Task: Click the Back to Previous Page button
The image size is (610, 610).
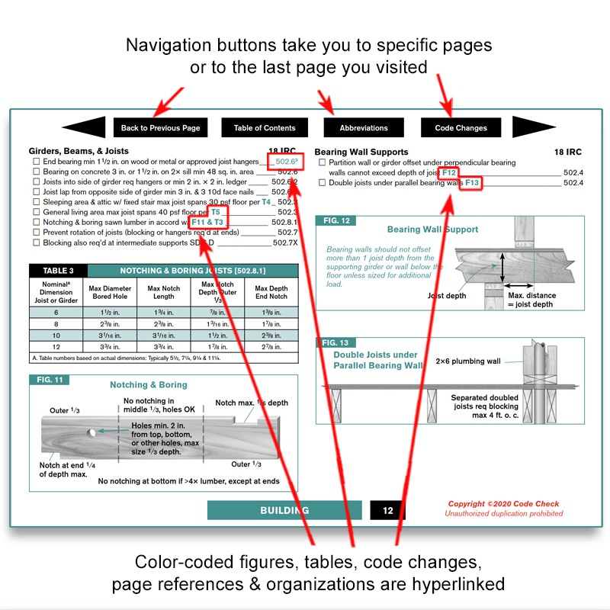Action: (160, 128)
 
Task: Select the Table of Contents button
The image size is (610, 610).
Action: (265, 128)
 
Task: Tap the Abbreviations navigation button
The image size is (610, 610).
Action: (364, 128)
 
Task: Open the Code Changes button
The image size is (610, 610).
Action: (461, 128)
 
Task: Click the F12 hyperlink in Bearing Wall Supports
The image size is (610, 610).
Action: (449, 173)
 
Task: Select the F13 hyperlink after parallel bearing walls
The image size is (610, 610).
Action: (472, 183)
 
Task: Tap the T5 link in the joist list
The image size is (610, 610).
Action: (216, 212)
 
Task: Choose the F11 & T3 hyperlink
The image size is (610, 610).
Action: (207, 222)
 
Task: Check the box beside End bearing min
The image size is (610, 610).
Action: (36, 162)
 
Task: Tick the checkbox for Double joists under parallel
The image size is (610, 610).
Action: (322, 183)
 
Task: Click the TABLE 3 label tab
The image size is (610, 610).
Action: (58, 271)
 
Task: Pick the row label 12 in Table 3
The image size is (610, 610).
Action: (55, 346)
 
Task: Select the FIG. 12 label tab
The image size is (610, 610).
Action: (335, 221)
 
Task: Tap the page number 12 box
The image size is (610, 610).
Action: (387, 510)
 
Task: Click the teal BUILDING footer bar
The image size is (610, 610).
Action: (284, 510)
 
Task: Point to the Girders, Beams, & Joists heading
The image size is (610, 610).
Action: (79, 151)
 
